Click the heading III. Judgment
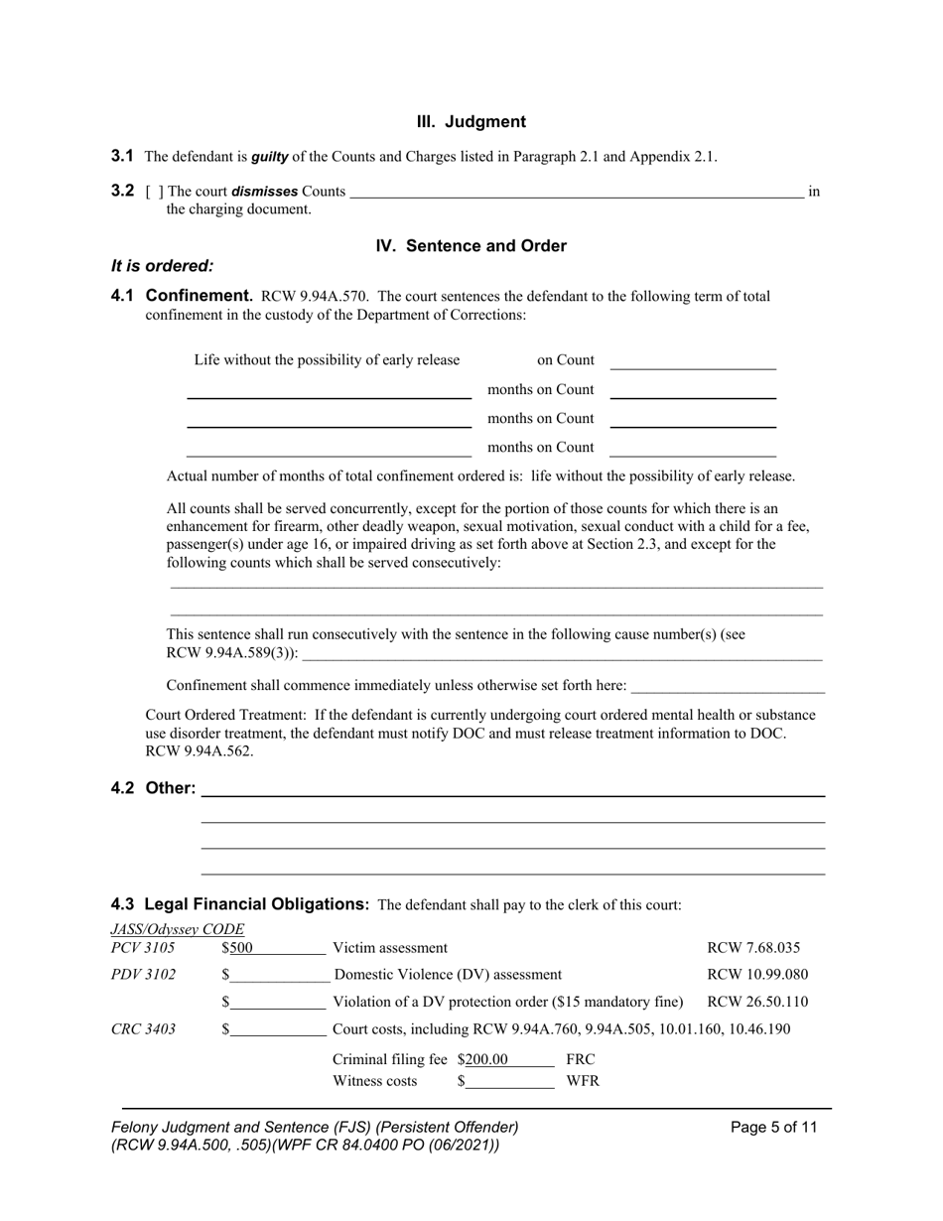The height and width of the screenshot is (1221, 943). tap(471, 122)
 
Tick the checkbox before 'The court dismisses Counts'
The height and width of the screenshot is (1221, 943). tap(155, 192)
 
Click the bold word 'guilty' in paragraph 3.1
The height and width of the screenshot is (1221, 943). tap(269, 157)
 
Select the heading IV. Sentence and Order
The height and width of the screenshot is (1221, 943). tap(471, 246)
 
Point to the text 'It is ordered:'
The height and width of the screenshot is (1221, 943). tap(162, 266)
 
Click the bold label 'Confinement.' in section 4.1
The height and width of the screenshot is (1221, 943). tap(199, 296)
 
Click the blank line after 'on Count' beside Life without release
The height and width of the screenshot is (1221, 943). tap(692, 361)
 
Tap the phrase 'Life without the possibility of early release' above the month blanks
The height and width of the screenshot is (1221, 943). tap(327, 360)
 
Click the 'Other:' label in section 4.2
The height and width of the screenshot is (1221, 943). tap(171, 788)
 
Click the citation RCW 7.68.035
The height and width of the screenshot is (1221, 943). tap(753, 948)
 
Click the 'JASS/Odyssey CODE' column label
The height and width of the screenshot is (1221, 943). tap(178, 929)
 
